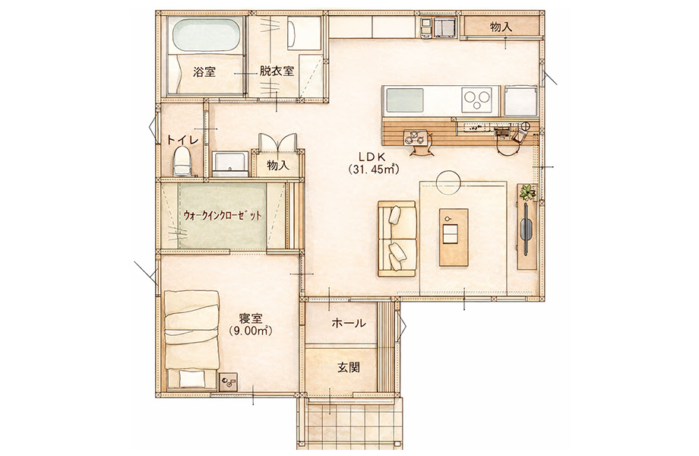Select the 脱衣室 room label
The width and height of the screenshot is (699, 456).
[277, 71]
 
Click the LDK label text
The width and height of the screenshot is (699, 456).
[374, 156]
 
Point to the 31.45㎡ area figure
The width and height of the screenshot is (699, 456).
[374, 169]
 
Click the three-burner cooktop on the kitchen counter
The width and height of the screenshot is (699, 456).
[477, 100]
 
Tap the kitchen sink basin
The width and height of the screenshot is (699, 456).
[404, 100]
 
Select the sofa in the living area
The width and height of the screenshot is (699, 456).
[397, 239]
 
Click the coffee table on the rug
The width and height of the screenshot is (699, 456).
[454, 237]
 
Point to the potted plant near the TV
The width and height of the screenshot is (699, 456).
[528, 192]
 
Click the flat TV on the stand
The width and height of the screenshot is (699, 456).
[526, 230]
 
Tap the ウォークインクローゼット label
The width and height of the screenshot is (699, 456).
[223, 216]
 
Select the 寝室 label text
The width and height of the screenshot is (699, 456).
[251, 318]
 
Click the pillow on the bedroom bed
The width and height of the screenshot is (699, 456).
[192, 379]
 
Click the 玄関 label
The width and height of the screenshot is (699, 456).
[349, 368]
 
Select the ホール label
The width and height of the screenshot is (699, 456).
[349, 323]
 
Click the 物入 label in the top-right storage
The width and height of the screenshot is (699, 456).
[501, 27]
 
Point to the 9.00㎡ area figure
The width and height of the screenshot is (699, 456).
[251, 331]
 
